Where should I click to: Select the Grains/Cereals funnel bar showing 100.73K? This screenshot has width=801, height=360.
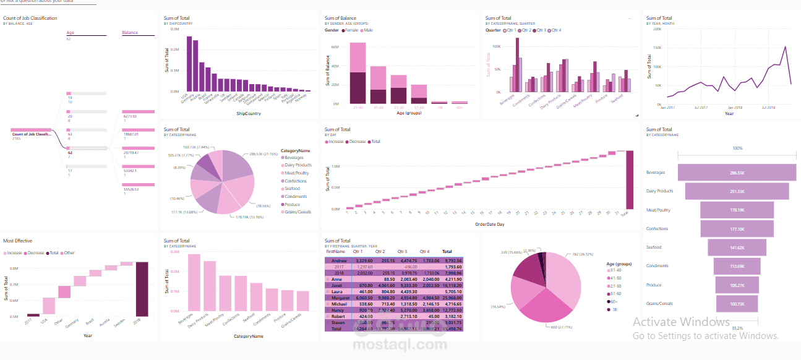(x=737, y=304)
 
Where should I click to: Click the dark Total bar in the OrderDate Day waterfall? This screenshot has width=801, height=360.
(x=630, y=180)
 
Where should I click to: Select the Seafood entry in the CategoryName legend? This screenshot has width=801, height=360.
(x=293, y=189)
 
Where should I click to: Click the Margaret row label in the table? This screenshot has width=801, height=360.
(x=341, y=298)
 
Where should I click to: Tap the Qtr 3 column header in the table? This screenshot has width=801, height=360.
(x=402, y=252)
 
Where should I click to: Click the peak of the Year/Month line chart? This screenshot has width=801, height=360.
(x=785, y=46)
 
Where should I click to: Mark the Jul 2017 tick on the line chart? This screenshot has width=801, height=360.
(x=701, y=107)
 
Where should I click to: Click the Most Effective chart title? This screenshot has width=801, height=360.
(x=18, y=241)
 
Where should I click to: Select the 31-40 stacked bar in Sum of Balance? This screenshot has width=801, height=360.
(x=358, y=73)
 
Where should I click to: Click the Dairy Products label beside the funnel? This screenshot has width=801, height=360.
(x=659, y=191)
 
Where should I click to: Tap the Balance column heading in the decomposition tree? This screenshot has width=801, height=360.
(x=130, y=33)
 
